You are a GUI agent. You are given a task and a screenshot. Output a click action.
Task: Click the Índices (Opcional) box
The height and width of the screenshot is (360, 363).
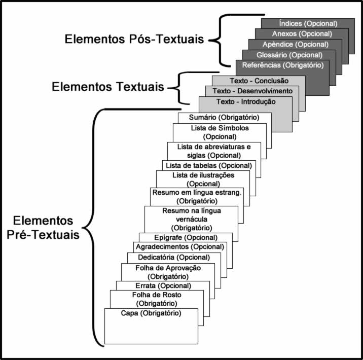(308, 23)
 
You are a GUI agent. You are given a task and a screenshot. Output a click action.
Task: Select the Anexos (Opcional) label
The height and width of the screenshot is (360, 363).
(301, 34)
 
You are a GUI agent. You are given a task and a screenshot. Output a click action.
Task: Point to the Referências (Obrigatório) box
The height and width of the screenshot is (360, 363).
(282, 65)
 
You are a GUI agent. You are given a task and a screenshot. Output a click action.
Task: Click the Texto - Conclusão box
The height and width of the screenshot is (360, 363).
(259, 81)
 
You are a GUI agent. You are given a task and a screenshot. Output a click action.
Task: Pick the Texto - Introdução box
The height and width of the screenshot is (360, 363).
(246, 102)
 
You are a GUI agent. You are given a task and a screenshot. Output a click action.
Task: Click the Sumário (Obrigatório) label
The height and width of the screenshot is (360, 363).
(224, 118)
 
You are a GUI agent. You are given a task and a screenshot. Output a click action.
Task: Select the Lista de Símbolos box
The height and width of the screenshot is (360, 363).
(220, 132)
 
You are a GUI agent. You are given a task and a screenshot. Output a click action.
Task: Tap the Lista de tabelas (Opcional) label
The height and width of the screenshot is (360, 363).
(208, 165)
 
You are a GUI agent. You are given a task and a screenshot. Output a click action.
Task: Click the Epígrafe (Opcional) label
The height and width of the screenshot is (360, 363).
(186, 237)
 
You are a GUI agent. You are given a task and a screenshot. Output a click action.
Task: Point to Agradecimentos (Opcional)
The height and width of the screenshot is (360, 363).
(179, 246)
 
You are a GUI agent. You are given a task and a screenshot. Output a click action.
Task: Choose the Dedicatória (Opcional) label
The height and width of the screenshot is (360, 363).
(174, 258)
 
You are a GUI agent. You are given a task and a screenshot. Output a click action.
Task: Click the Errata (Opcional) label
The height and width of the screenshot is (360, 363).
(162, 285)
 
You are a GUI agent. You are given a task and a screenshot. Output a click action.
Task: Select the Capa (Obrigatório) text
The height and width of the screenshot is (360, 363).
(151, 313)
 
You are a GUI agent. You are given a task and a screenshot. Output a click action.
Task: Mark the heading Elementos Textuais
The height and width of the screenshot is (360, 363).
(108, 87)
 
